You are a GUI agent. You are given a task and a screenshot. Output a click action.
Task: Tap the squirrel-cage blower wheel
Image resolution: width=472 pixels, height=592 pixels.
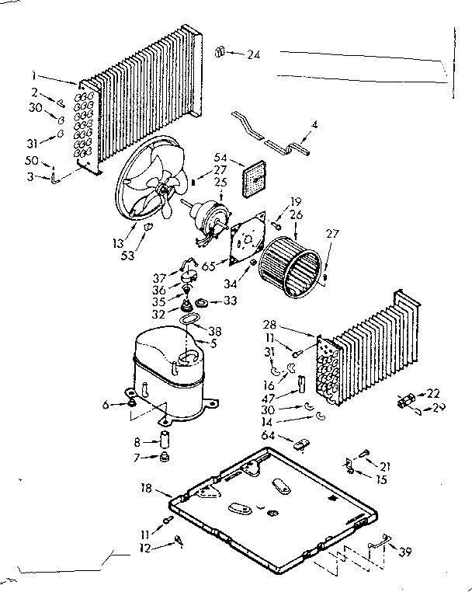point(292,264)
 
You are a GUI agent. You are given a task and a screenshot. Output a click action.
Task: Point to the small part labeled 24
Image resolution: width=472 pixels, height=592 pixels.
point(219,52)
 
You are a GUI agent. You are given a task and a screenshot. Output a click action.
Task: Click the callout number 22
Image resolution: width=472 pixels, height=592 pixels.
point(434,394)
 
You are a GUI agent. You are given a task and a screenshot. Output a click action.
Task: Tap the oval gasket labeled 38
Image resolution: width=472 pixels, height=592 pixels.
point(189,319)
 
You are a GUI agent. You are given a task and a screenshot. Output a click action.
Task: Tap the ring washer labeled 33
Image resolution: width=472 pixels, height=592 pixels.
point(201,301)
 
